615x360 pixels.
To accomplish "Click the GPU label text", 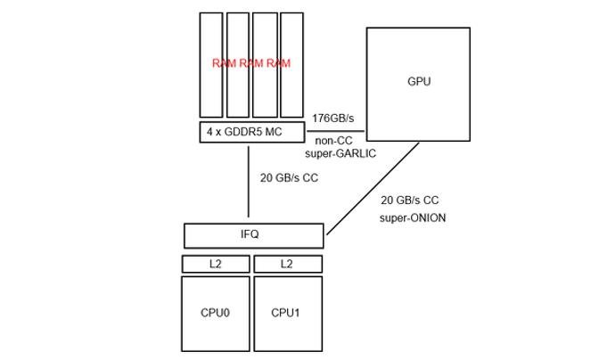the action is click(x=419, y=81).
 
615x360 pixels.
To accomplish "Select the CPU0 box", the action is click(x=216, y=314).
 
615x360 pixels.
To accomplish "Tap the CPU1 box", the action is click(x=288, y=314).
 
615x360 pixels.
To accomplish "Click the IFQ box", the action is click(x=254, y=235).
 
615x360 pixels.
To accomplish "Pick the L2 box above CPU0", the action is click(x=216, y=264).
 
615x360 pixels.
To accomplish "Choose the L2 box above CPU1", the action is click(x=288, y=264).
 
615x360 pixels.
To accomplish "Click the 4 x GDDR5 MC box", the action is click(x=252, y=132).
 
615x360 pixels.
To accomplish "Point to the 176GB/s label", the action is click(x=333, y=118).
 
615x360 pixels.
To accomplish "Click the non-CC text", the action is click(x=333, y=141).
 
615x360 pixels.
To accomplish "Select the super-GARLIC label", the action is click(x=340, y=153).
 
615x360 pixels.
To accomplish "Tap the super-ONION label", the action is click(x=413, y=217).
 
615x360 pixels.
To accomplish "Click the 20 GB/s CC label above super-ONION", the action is click(x=410, y=200).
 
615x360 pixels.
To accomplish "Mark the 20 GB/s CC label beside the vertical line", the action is click(x=289, y=177).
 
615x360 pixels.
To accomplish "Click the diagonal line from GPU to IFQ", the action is click(x=373, y=189).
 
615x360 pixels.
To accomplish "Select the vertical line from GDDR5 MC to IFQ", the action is click(x=249, y=182).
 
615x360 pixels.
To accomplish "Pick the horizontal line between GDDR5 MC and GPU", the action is click(x=336, y=131).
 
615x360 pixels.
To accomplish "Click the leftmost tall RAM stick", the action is click(x=211, y=65).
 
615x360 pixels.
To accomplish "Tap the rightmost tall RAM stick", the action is click(x=291, y=65).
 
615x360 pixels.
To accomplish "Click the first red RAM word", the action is click(x=224, y=63).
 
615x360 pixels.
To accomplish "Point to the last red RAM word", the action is click(x=278, y=63).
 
